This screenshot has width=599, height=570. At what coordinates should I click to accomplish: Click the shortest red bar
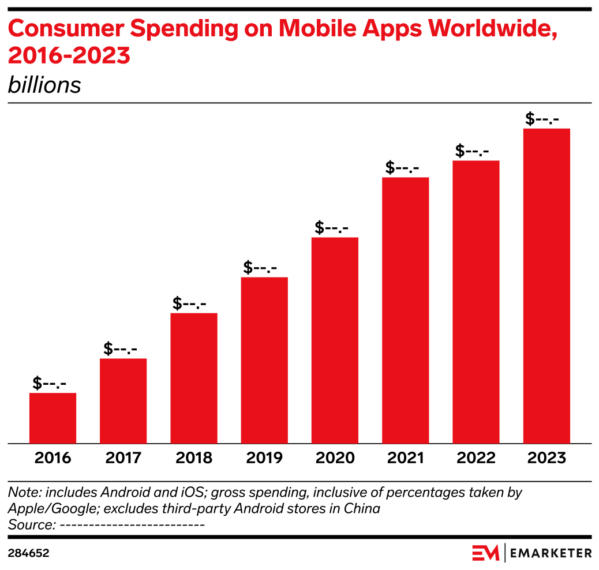[x=53, y=418]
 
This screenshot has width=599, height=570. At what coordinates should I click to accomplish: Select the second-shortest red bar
[x=123, y=401]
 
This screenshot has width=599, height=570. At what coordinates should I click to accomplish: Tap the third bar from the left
[x=194, y=378]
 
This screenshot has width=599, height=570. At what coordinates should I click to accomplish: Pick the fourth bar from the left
[x=264, y=360]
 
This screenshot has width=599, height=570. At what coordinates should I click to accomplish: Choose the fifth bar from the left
[x=335, y=340]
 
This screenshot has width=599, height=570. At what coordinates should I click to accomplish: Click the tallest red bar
[x=546, y=286]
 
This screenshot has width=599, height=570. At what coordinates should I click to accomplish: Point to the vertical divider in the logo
[x=505, y=553]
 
